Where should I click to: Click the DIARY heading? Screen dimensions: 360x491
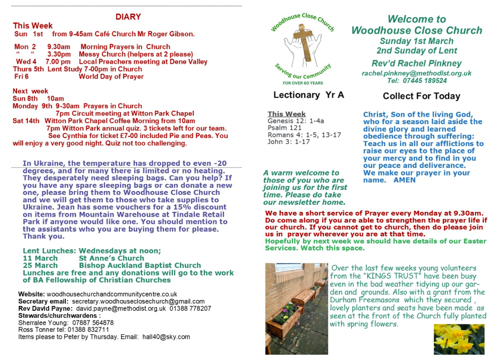128,17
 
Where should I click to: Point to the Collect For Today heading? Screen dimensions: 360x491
421,96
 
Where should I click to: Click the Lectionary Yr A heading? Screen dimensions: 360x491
308,95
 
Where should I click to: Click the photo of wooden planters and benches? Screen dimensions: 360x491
296,309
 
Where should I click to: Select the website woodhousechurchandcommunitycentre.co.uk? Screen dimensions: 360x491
112,294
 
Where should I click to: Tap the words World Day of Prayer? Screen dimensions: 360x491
111,76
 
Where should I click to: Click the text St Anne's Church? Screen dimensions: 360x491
111,258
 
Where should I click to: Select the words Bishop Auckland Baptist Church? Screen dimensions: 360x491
140,265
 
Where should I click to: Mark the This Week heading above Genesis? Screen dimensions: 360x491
286,114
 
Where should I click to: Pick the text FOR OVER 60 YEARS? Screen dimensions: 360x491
303,83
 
